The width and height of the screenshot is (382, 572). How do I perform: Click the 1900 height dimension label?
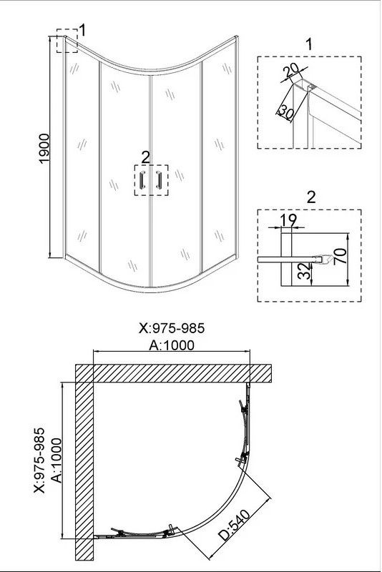[x=44, y=149]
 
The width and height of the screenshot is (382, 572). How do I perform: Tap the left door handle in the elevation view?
[x=142, y=180]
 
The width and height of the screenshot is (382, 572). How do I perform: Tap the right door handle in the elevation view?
[x=159, y=180]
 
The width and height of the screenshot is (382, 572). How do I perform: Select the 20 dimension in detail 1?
[x=292, y=70]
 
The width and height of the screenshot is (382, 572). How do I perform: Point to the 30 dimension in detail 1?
[x=285, y=112]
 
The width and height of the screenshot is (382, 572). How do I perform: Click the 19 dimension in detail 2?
[x=288, y=220]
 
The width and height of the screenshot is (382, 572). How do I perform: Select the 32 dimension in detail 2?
[x=305, y=272]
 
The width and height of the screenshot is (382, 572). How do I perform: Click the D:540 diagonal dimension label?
[x=235, y=525]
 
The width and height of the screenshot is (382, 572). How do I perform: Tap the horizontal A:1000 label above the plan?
[x=172, y=345]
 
